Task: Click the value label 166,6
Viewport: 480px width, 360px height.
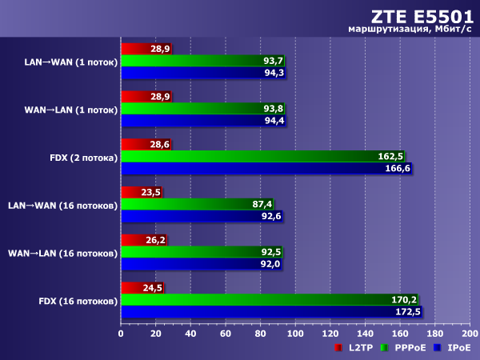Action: click(x=397, y=169)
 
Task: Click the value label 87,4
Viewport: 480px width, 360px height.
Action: click(x=262, y=204)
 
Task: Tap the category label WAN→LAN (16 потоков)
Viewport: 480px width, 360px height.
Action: click(x=63, y=253)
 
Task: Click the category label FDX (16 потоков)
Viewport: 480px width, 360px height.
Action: click(x=78, y=301)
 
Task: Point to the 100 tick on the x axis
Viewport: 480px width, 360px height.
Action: click(x=295, y=334)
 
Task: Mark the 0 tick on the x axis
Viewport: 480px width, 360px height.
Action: click(x=121, y=334)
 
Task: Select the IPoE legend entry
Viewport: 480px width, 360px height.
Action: click(x=454, y=348)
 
